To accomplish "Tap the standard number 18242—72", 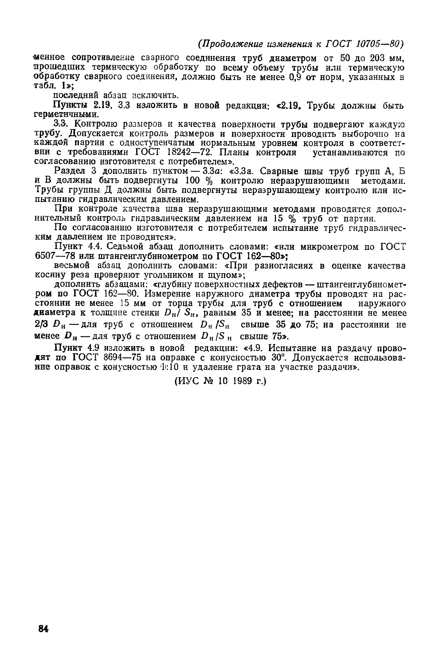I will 189,152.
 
